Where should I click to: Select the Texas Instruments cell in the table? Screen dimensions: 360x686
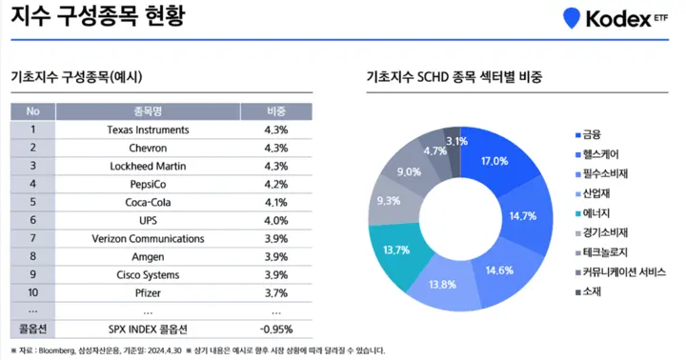click(x=148, y=130)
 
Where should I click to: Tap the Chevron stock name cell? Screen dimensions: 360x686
click(x=148, y=148)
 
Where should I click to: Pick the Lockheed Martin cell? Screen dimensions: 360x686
click(x=148, y=166)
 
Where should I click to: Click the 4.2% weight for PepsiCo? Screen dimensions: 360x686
click(x=276, y=184)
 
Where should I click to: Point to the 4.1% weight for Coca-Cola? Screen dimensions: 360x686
click(x=276, y=202)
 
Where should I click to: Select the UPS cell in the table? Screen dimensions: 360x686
click(x=148, y=220)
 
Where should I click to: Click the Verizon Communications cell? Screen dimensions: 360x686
click(x=148, y=238)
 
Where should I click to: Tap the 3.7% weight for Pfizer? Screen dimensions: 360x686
click(x=276, y=292)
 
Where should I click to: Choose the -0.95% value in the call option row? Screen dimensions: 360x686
click(x=276, y=329)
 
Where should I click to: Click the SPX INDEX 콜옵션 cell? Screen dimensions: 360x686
click(x=148, y=329)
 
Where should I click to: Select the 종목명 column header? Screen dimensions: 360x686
click(x=148, y=110)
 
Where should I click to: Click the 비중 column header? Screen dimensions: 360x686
click(x=276, y=110)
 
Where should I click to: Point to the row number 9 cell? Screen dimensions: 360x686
click(x=32, y=274)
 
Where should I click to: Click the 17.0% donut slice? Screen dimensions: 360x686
click(x=494, y=161)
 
